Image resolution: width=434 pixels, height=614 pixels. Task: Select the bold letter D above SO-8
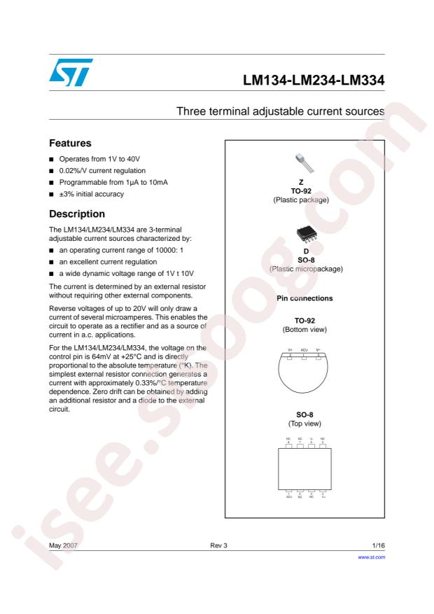(304, 249)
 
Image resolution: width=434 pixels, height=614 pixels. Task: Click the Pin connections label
(304, 298)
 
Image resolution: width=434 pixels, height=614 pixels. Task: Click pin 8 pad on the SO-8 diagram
(289, 446)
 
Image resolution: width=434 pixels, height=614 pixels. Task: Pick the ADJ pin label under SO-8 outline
(289, 499)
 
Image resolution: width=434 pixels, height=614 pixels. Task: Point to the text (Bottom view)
(304, 328)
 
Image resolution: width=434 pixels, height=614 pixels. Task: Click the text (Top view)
(304, 424)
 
